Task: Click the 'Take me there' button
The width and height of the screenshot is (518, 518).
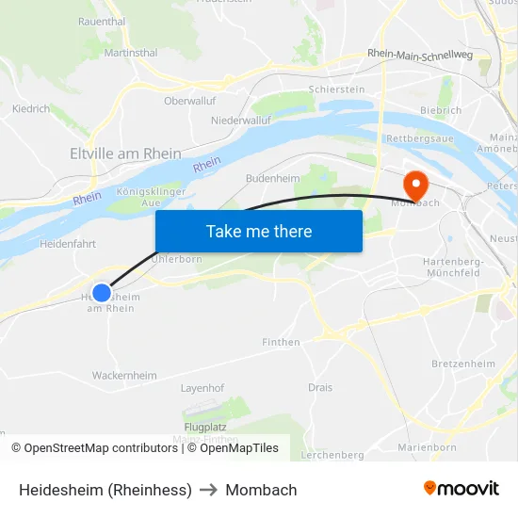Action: (259, 231)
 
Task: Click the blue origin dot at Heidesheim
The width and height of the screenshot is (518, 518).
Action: (102, 293)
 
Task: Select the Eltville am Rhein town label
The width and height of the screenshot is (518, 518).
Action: (125, 153)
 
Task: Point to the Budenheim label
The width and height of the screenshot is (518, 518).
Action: (272, 177)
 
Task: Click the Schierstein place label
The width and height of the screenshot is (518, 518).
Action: (336, 89)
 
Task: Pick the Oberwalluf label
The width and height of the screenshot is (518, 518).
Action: (190, 100)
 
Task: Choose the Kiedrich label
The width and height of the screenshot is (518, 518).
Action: (31, 109)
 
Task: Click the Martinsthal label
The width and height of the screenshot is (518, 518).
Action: (131, 53)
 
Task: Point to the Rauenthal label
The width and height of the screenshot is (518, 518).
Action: (102, 21)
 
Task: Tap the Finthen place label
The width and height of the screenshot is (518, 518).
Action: (282, 342)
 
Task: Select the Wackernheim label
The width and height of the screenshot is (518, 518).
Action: (124, 375)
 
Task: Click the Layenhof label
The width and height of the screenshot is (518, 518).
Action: (202, 387)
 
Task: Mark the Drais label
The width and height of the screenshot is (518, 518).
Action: (320, 387)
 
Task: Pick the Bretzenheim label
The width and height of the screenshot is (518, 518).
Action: (462, 364)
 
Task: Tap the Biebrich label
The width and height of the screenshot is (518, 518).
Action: (441, 110)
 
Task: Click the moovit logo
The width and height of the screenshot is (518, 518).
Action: (461, 489)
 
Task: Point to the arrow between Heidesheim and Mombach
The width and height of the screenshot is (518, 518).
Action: (208, 490)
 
